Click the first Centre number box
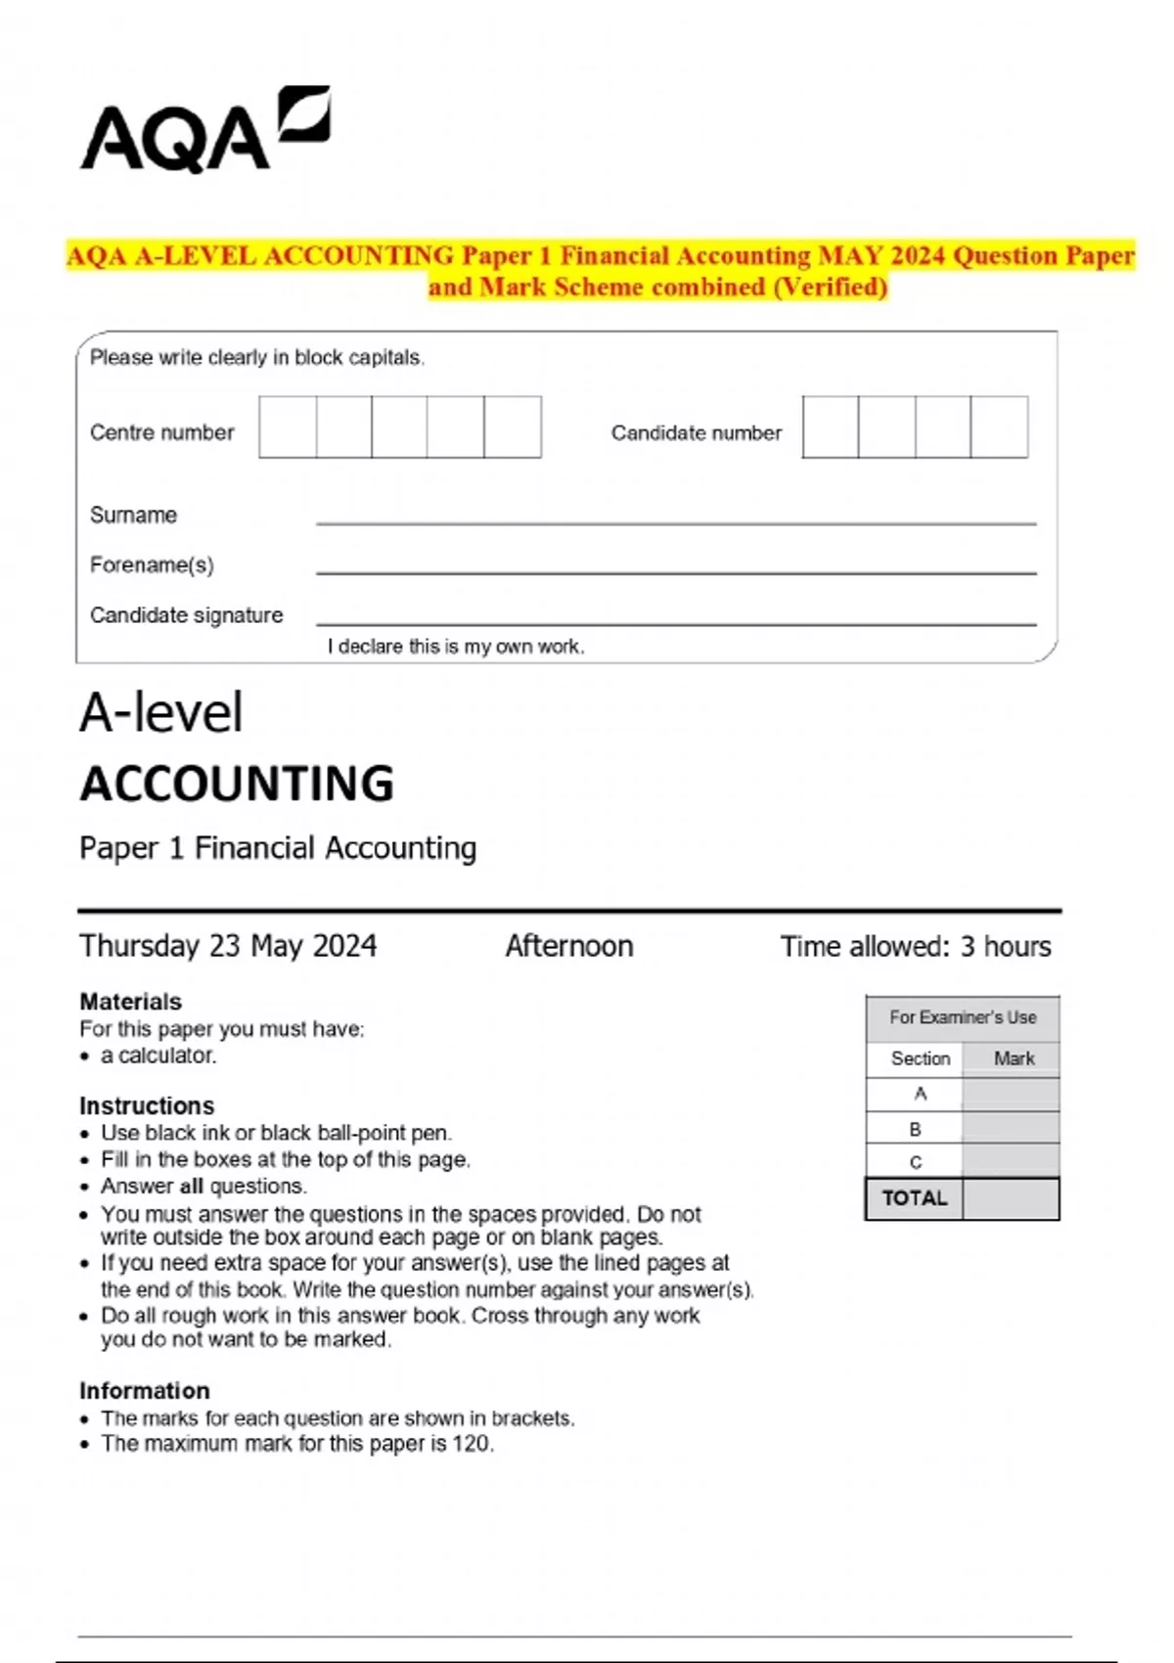click(x=288, y=427)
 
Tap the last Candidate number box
click(x=999, y=427)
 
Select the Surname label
click(x=133, y=515)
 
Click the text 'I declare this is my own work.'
click(x=456, y=647)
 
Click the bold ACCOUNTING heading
click(x=237, y=784)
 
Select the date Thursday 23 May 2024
click(x=228, y=946)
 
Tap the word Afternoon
click(x=569, y=946)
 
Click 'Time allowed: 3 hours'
click(x=915, y=946)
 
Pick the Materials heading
click(x=130, y=1002)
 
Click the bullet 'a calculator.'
click(x=158, y=1056)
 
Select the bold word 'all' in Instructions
click(x=192, y=1187)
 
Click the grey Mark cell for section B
click(x=1010, y=1128)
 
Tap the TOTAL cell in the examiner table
click(x=914, y=1198)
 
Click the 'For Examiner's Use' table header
click(x=962, y=1017)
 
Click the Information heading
click(x=144, y=1391)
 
